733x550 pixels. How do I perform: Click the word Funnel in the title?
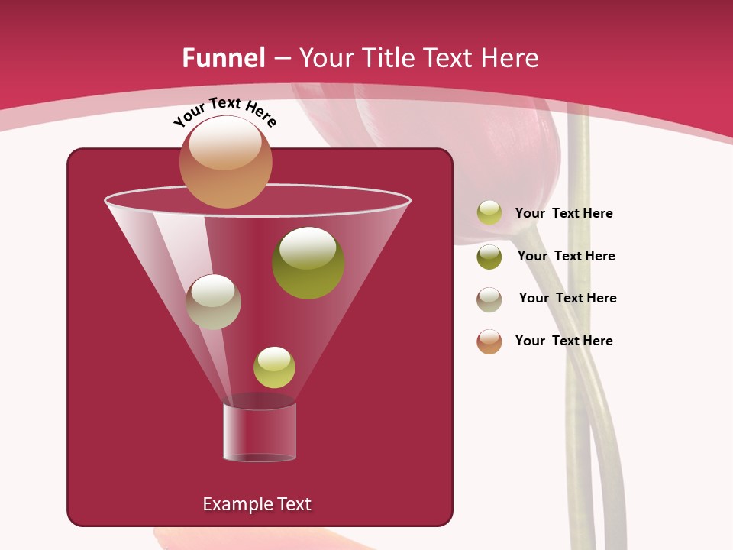pos(224,58)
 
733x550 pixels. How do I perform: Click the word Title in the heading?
pos(386,58)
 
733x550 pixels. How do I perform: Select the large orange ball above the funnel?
pos(225,162)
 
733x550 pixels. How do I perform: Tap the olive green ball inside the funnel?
pos(308,263)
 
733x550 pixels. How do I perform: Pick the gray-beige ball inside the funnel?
pos(213,302)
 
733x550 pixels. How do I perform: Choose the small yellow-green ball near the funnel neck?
pos(274,367)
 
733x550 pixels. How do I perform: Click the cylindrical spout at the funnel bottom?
pos(259,432)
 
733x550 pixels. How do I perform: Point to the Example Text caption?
pos(257,504)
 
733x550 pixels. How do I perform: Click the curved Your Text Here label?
pos(224,112)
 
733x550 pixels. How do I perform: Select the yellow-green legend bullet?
pos(489,213)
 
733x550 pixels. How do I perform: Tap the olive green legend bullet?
pos(489,257)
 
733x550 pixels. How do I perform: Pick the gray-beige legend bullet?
pos(489,299)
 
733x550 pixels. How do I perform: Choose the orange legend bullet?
pos(489,341)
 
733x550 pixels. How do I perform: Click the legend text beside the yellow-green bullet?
pos(563,214)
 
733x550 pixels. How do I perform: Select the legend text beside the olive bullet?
pos(566,257)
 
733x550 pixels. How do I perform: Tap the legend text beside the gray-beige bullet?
pos(567,299)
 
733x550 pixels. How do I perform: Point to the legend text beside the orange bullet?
pos(563,341)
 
